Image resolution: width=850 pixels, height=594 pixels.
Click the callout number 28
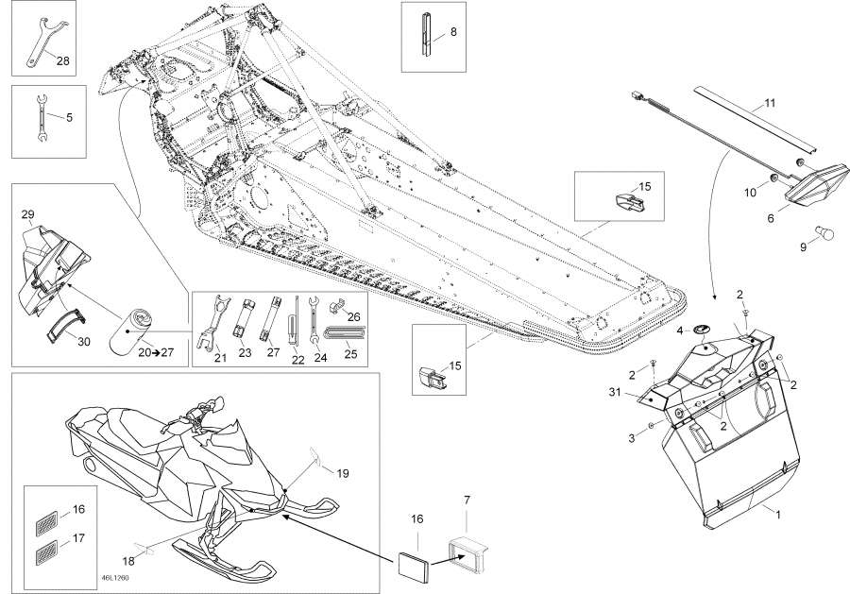[x=63, y=60]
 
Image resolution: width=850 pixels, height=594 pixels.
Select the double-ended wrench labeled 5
[x=42, y=118]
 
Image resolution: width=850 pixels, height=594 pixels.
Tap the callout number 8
[x=453, y=31]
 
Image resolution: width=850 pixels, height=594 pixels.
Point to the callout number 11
[x=771, y=102]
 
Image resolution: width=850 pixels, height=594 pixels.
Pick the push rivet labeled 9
[x=826, y=234]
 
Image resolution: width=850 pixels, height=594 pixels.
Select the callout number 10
[x=750, y=193]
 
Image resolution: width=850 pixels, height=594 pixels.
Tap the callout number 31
[x=614, y=392]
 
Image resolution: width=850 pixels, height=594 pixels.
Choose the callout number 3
[x=632, y=438]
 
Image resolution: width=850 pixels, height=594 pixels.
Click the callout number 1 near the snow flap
[x=778, y=515]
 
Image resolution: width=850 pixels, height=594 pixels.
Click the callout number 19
[x=343, y=473]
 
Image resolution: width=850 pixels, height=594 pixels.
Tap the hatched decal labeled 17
[x=46, y=552]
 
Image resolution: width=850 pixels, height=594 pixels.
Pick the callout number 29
[x=27, y=214]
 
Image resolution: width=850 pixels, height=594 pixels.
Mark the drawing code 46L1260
[x=115, y=578]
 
